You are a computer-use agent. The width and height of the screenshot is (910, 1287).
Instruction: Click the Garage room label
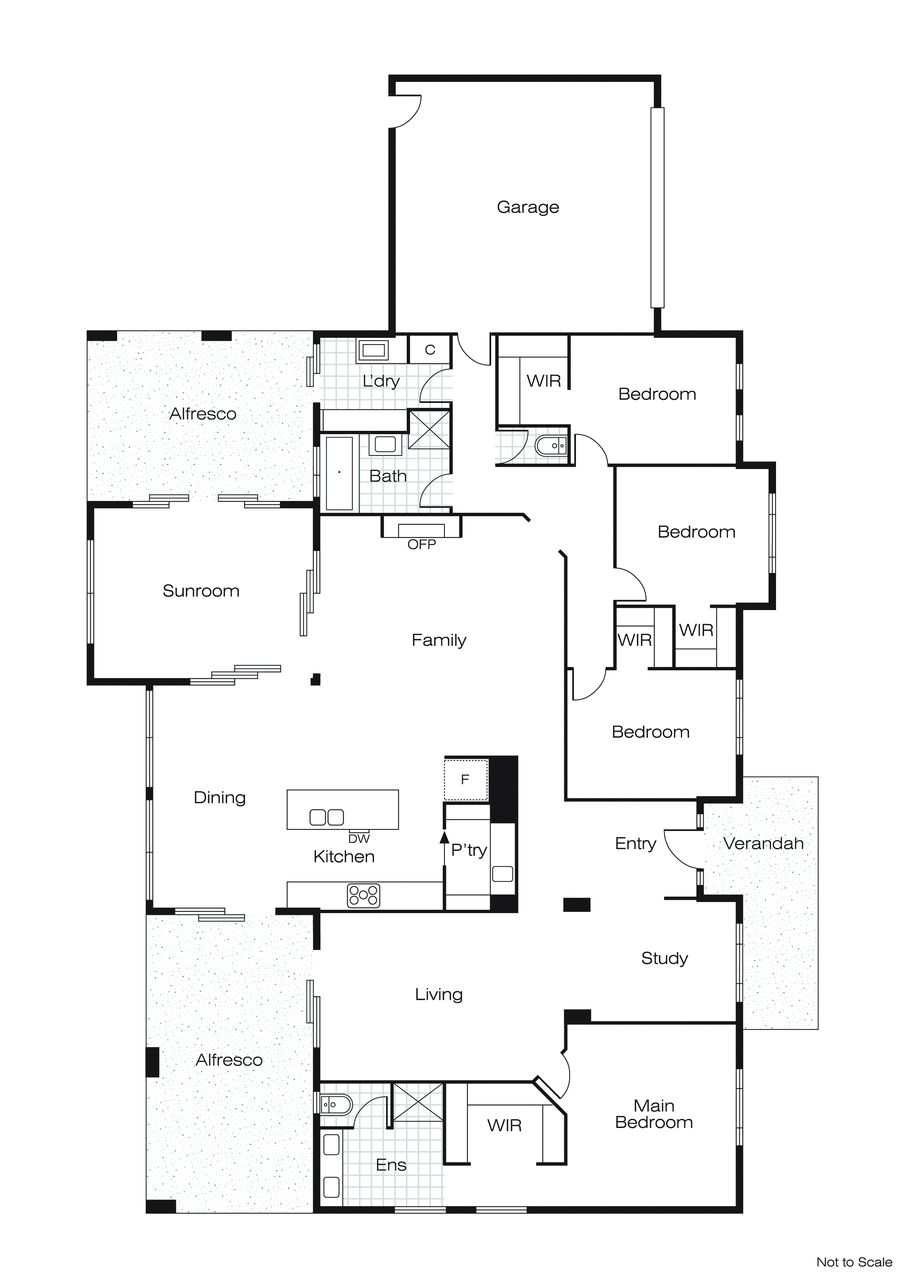(528, 208)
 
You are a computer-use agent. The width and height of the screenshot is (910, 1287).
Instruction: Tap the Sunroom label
(200, 591)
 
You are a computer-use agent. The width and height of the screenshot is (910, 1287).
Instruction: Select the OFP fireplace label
(421, 544)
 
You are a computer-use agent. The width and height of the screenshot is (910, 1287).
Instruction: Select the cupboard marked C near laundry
(430, 350)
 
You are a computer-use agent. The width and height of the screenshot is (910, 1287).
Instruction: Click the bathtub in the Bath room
(339, 473)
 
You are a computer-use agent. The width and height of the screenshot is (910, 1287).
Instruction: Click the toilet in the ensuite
(335, 1105)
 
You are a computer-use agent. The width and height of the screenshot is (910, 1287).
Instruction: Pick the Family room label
(439, 640)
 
